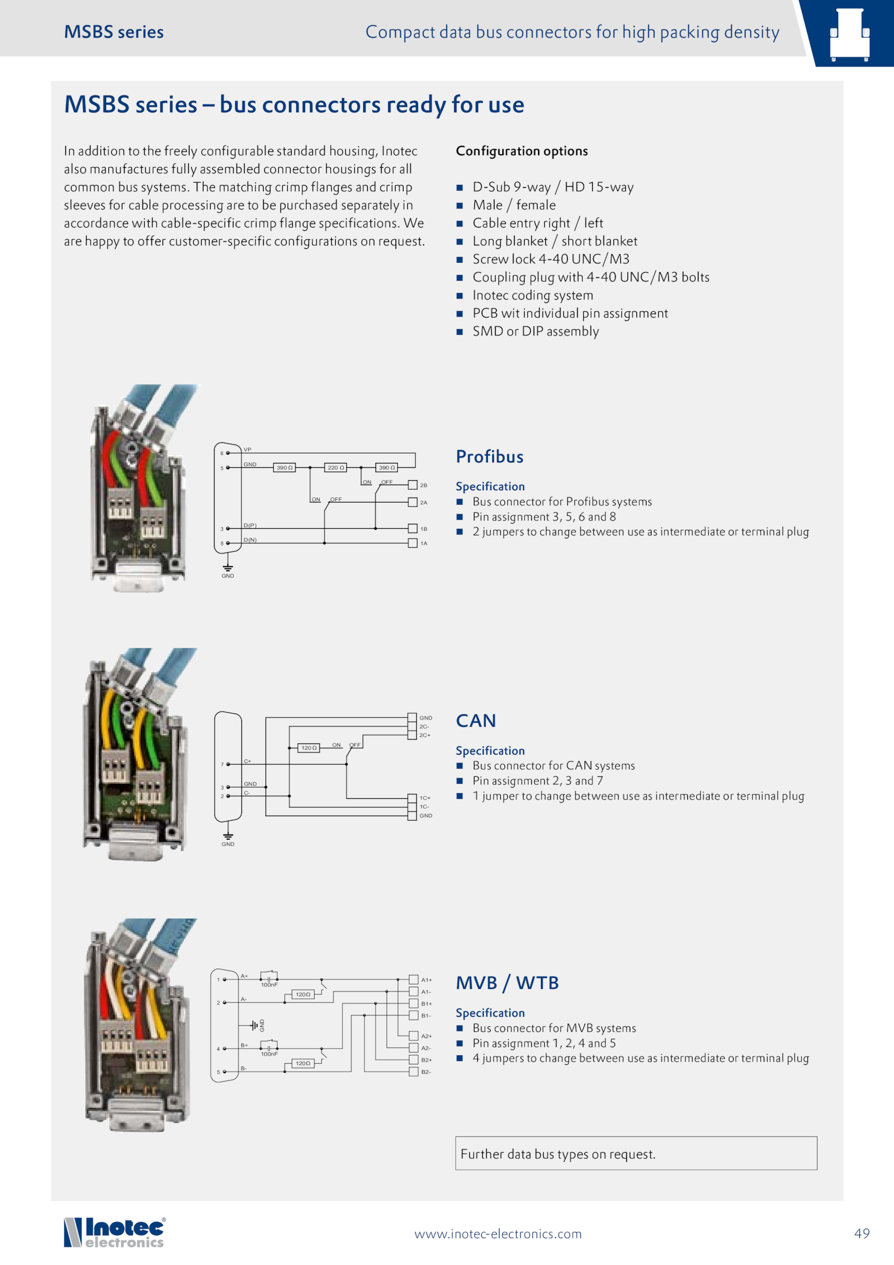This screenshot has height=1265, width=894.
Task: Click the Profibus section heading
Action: [x=489, y=457]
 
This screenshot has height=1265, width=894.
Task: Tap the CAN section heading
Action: [x=475, y=721]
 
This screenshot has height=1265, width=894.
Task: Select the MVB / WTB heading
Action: [x=507, y=983]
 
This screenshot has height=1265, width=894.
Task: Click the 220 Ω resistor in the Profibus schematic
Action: [x=335, y=467]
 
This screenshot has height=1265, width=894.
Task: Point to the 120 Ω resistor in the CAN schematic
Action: [x=309, y=748]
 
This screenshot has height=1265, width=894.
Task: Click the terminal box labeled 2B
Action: [x=413, y=485]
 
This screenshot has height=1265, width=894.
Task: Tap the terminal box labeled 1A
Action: [x=413, y=543]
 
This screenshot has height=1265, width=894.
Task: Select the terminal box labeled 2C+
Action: [x=412, y=735]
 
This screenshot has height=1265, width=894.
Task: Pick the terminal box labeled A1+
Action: [x=413, y=979]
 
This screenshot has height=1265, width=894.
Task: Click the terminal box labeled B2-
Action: [x=413, y=1072]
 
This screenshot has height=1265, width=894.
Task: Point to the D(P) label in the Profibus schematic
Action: [x=250, y=525]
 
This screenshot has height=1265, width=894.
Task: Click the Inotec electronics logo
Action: [x=115, y=1233]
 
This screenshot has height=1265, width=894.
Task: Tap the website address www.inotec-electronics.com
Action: [x=498, y=1234]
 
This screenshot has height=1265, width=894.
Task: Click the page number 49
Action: [x=862, y=1233]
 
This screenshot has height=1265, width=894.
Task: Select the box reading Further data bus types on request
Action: [x=636, y=1154]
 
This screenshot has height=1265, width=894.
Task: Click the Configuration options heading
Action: [x=522, y=151]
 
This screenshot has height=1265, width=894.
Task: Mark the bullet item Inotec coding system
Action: [x=532, y=295]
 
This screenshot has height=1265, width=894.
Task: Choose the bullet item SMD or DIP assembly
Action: [x=535, y=331]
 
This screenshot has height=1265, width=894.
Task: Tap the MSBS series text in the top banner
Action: [x=114, y=32]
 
